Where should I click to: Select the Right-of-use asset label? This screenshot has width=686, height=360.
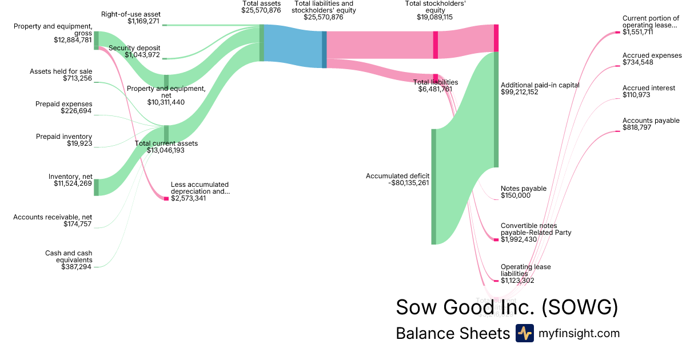(131, 14)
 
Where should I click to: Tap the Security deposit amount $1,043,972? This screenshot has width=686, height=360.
(142, 55)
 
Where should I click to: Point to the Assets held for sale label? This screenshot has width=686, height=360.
(61, 71)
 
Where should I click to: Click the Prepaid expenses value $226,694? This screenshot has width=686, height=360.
(76, 111)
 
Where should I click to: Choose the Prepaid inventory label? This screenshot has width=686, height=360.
(64, 137)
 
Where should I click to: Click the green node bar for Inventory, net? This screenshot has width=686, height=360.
(96, 187)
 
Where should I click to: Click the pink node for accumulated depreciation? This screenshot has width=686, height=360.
(166, 198)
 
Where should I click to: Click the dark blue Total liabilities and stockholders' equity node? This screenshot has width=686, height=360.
(324, 49)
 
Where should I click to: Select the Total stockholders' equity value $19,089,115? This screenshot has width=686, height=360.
(434, 17)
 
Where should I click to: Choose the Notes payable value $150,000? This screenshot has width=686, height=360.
(516, 195)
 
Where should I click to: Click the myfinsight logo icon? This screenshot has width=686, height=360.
(524, 333)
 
